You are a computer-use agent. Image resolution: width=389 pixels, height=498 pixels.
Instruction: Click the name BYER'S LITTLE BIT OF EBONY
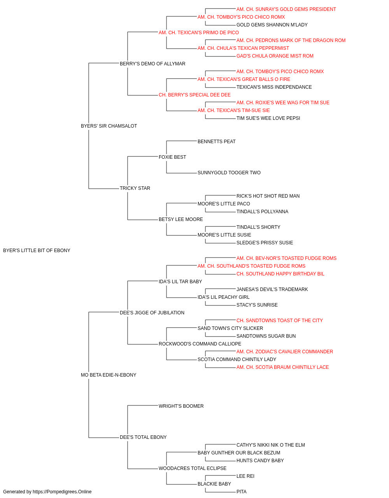[37, 251]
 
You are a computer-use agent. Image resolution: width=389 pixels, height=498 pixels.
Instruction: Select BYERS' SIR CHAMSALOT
[109, 126]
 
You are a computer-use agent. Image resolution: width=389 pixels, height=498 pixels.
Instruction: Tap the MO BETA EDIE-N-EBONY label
[109, 375]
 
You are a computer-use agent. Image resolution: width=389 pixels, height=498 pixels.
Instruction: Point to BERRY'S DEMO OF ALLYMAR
[152, 64]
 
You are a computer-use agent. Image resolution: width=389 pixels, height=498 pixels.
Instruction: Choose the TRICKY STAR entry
[135, 188]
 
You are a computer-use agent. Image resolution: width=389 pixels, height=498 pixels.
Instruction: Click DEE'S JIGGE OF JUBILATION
[152, 312]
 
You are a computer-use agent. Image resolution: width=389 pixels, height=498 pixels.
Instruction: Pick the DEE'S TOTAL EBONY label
[143, 437]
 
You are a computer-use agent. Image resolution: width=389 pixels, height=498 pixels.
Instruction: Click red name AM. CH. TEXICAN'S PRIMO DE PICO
[199, 33]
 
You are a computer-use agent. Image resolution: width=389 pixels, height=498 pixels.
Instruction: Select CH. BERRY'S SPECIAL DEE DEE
[195, 95]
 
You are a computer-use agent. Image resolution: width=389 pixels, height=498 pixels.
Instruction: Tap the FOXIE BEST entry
[172, 157]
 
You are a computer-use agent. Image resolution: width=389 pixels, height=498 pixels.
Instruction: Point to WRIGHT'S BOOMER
[181, 406]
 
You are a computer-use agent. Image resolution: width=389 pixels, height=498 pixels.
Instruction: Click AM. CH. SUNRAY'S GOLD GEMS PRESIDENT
[286, 9]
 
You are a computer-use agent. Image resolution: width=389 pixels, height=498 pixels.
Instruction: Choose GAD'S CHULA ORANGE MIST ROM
[275, 56]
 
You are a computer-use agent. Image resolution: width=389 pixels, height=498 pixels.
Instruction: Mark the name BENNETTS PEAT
[217, 142]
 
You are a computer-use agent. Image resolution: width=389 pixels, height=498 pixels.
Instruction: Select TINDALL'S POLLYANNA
[262, 212]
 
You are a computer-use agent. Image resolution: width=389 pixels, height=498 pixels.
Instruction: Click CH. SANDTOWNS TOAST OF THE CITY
[280, 320]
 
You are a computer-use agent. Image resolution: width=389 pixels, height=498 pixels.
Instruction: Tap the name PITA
[242, 492]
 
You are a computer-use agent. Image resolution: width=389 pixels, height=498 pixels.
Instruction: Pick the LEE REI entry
[245, 476]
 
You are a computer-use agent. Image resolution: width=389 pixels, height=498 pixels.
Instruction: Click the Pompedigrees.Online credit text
[47, 492]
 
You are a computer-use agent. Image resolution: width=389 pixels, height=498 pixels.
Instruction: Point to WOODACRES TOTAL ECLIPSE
[193, 468]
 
